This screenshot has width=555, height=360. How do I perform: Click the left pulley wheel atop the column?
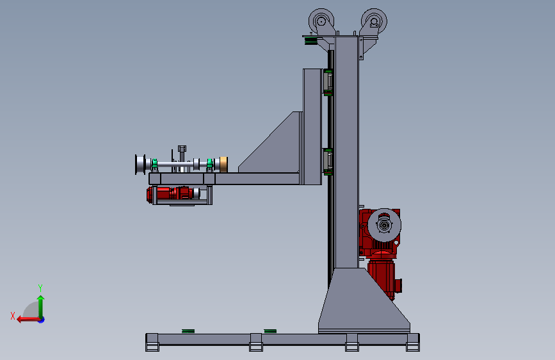click(x=321, y=21)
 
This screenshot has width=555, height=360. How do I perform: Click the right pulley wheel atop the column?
click(x=374, y=21)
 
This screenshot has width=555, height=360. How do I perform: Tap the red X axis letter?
click(x=13, y=316)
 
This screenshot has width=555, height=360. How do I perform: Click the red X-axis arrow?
click(x=29, y=320)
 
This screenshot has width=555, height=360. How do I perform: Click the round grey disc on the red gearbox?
click(x=384, y=225)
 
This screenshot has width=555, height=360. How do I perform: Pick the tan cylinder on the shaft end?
click(x=223, y=165)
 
